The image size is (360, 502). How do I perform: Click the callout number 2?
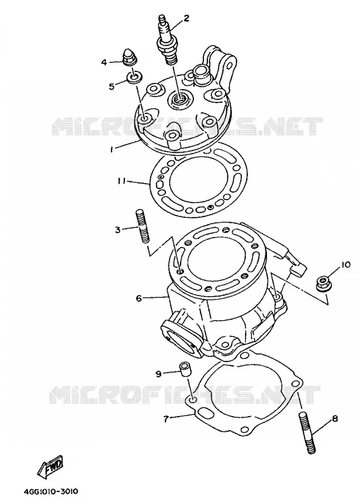point(186,18)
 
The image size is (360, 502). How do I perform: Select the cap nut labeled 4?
point(130,57)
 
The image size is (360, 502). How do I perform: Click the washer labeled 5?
point(134,78)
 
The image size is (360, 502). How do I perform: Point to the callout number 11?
point(121,182)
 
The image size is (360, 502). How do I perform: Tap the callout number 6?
point(139,298)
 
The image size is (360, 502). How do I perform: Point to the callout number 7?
point(166,419)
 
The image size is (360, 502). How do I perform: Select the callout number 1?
point(111,149)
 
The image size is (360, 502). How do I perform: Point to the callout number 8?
point(335,419)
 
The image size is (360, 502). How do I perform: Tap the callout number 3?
point(118,230)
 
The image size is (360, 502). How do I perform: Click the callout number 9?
point(158,374)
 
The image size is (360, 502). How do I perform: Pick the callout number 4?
point(104,62)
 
